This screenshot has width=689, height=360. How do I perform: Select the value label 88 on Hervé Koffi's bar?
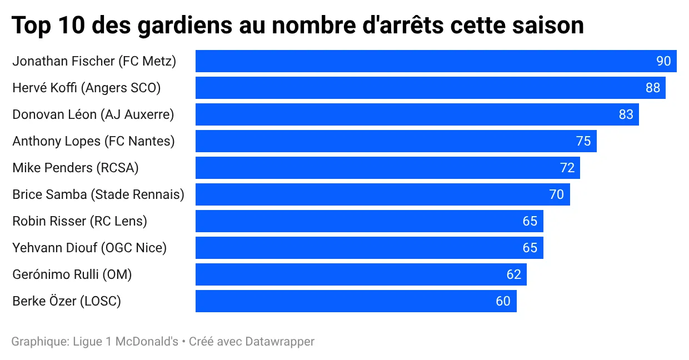pyautogui.click(x=652, y=88)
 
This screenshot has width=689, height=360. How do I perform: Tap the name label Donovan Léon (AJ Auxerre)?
pyautogui.click(x=93, y=114)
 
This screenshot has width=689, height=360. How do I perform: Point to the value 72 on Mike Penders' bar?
pyautogui.click(x=567, y=168)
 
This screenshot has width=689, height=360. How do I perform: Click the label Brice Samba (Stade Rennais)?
pyautogui.click(x=98, y=194)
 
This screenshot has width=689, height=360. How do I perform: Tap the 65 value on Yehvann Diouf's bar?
pyautogui.click(x=530, y=248)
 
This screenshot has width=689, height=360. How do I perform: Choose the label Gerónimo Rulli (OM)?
pyautogui.click(x=72, y=274)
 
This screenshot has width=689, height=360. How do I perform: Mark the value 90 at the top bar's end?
pyautogui.click(x=663, y=61)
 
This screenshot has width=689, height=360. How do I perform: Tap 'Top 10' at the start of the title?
pyautogui.click(x=47, y=26)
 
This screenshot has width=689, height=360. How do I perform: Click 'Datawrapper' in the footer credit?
pyautogui.click(x=279, y=341)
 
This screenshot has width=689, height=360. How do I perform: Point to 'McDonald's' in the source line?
pyautogui.click(x=147, y=341)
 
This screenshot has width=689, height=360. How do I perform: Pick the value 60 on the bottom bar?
pyautogui.click(x=503, y=301)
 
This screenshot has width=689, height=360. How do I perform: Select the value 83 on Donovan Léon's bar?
pyautogui.click(x=626, y=114)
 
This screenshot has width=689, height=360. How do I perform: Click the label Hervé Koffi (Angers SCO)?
pyautogui.click(x=86, y=88)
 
